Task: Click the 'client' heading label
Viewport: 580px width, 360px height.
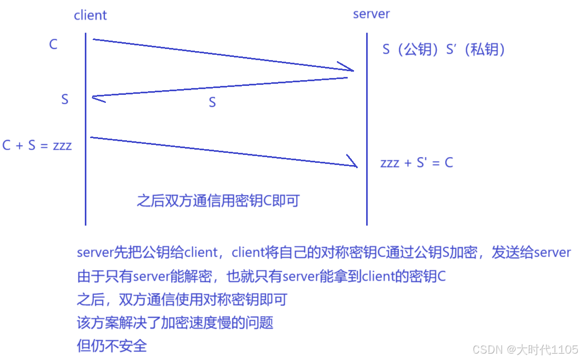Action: click(x=90, y=15)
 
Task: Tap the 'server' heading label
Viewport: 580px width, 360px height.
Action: click(x=371, y=14)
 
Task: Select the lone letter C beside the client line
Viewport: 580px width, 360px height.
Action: click(x=53, y=44)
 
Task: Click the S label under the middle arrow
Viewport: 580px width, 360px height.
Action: click(x=212, y=102)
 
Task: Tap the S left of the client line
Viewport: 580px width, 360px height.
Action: click(x=65, y=99)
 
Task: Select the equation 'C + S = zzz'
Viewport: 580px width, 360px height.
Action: click(x=37, y=145)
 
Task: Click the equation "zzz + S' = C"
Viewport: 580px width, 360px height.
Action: click(x=416, y=162)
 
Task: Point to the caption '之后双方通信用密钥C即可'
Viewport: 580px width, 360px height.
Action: click(x=218, y=201)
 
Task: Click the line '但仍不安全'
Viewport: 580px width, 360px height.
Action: click(x=112, y=346)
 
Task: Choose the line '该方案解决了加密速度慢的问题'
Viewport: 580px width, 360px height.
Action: click(x=175, y=323)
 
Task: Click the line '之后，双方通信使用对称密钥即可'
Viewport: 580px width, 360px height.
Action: click(x=182, y=299)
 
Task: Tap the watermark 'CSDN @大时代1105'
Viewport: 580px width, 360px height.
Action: click(x=525, y=349)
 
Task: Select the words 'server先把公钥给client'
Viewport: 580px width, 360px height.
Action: click(x=147, y=252)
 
